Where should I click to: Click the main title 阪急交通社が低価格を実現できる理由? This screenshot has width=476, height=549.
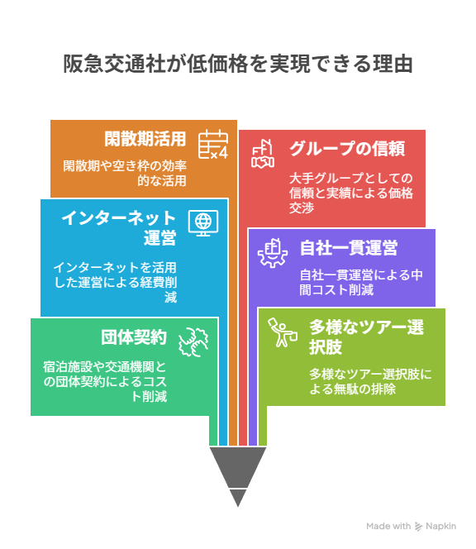pos(238,64)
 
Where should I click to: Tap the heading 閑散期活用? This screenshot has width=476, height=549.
pos(145,139)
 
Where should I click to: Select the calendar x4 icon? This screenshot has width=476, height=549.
pos(213,144)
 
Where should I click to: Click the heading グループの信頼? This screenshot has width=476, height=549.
pos(347,149)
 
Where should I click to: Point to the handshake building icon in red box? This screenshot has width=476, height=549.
pos(263,154)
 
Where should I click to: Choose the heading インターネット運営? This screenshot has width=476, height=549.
pos(119,227)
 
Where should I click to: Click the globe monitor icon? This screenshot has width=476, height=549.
pos(203,223)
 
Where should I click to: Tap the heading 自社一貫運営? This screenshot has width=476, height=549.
pos(349,248)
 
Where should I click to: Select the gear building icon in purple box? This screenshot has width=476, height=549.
pos(273,253)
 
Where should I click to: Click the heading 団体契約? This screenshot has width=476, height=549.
pos(134,337)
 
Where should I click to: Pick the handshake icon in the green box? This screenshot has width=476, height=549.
pos(193,342)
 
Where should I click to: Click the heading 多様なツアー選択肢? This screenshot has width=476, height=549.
pos(366,337)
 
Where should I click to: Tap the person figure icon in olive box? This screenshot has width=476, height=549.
pos(283,332)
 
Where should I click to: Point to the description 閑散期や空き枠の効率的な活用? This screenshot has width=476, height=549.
pos(125,173)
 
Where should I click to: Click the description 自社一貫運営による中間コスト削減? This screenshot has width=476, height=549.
pos(361,282)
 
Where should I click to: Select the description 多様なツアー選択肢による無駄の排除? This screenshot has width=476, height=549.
pos(370,381)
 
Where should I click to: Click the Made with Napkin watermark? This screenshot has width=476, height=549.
pos(412,526)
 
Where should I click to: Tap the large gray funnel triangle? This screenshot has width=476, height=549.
pos(238,466)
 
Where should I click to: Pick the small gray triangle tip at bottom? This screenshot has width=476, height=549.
pos(238,498)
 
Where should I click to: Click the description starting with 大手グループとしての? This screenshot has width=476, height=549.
pos(351,193)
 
